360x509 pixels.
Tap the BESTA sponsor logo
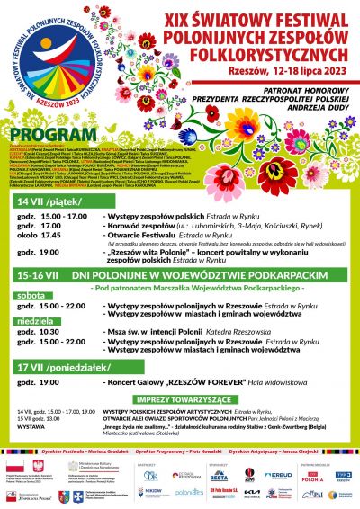tap(219, 478)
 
